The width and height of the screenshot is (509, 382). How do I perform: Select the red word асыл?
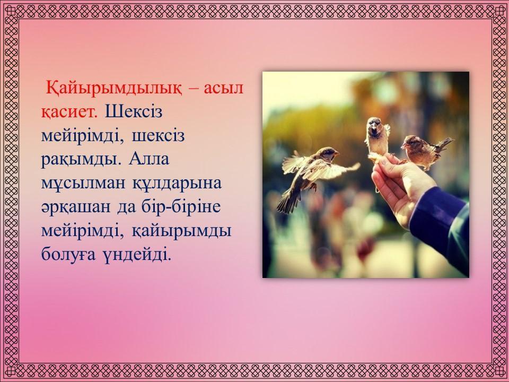point(224,88)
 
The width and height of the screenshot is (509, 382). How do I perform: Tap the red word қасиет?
point(69,112)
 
